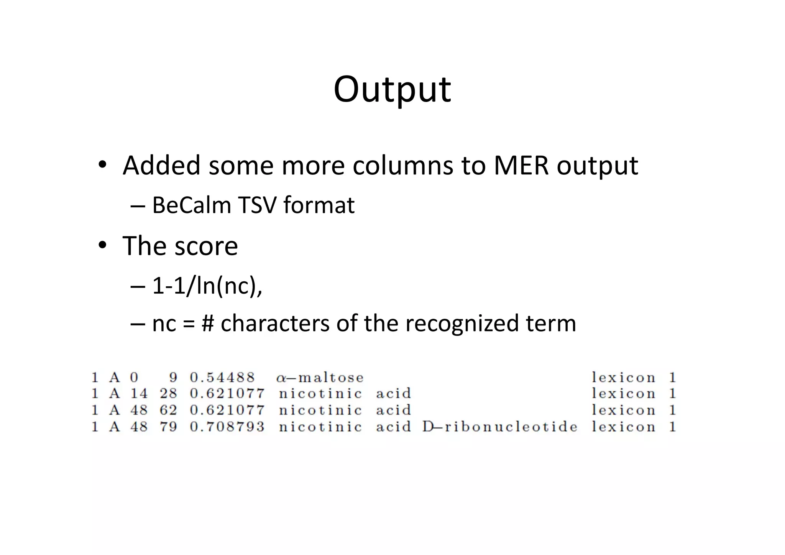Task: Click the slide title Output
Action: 392,89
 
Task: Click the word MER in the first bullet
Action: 521,166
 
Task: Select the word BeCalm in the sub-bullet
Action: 191,205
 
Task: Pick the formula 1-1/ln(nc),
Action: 207,286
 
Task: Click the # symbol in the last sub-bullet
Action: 207,323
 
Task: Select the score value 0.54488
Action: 222,378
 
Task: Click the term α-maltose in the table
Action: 320,378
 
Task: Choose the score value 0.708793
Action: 227,427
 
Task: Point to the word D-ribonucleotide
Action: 500,427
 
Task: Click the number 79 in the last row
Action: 168,427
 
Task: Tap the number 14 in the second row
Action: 139,394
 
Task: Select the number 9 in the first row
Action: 173,378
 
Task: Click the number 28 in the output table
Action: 168,394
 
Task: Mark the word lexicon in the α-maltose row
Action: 623,378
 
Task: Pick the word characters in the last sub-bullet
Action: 275,323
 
